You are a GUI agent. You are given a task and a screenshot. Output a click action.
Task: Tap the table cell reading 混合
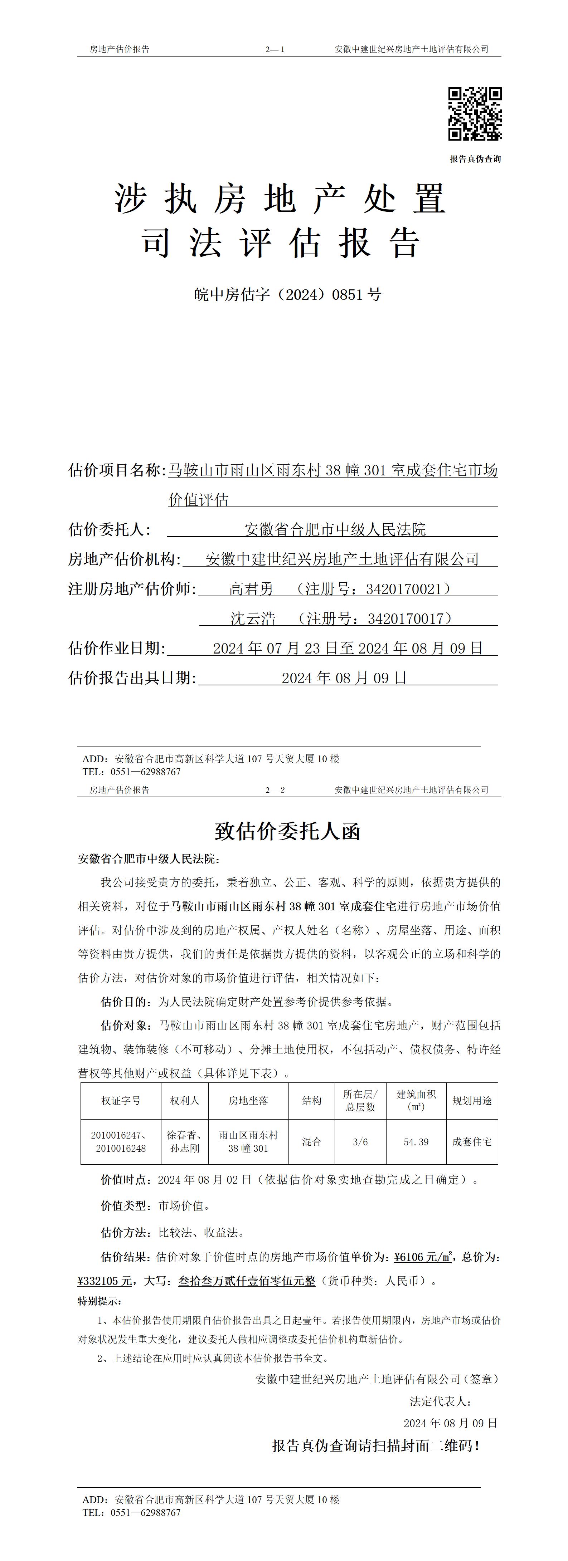312,1142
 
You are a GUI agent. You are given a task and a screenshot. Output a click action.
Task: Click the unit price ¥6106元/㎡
423,1257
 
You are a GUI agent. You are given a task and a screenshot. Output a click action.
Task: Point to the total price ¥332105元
104,1281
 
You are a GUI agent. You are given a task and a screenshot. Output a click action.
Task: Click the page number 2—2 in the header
275,789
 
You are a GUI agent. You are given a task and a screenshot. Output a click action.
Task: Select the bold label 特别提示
99,1301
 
